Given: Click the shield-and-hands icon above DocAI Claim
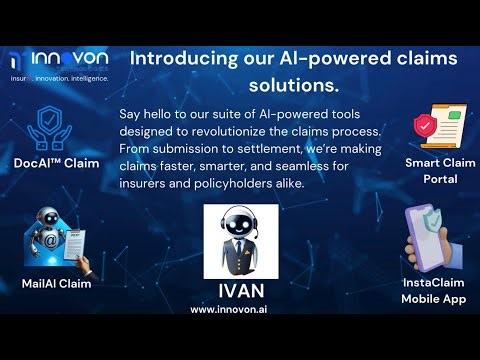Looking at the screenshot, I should [48, 128].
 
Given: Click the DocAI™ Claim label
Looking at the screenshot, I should [56, 163].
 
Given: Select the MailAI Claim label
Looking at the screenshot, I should [56, 283].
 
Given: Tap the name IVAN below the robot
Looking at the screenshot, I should [240, 292].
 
